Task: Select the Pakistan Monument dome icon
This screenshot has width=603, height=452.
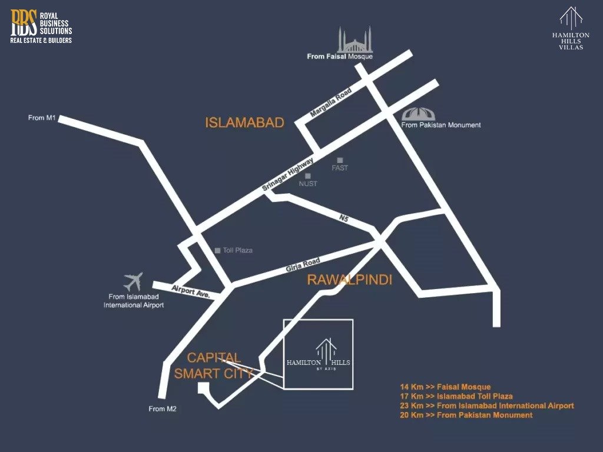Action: [417, 114]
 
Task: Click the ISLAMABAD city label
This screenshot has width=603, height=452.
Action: [244, 122]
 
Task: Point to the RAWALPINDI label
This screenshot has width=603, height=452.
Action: [349, 280]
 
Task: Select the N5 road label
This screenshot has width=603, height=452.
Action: [344, 219]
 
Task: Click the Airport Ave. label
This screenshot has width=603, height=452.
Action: [191, 290]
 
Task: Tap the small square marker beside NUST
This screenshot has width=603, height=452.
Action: [307, 175]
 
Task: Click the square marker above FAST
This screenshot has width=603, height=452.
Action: [340, 160]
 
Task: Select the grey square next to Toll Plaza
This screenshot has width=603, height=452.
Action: [217, 250]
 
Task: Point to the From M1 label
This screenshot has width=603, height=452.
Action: [42, 118]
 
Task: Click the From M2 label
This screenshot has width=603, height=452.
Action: [163, 408]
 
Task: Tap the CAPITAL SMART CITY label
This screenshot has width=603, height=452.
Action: [214, 365]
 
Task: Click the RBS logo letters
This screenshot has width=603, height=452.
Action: [24, 22]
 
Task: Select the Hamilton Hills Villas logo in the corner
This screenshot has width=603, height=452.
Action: [571, 28]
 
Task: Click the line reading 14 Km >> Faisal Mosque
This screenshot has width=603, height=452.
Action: [445, 387]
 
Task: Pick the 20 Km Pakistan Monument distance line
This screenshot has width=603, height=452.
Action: [466, 415]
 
